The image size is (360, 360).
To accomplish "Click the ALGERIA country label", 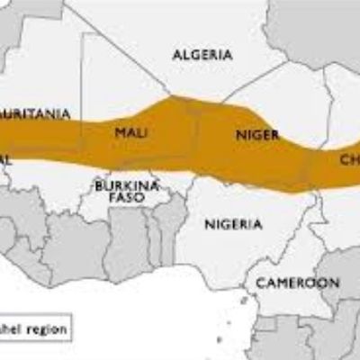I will click(x=202, y=55).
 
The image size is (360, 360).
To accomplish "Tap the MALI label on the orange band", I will click(x=131, y=133).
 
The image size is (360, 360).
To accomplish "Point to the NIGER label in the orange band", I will click(x=256, y=134).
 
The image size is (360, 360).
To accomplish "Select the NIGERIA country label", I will click(x=233, y=224).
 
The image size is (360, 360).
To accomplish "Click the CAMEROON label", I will click(x=297, y=283).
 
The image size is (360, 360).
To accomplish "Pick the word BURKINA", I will click(x=126, y=185).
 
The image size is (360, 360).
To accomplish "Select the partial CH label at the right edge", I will click(x=349, y=159).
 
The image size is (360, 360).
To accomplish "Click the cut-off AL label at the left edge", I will click(x=4, y=159).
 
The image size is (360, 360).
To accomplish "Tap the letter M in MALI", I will click(x=119, y=133).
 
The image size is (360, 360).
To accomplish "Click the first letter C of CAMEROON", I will click(x=259, y=283).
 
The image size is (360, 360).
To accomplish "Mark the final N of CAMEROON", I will click(x=334, y=283).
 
